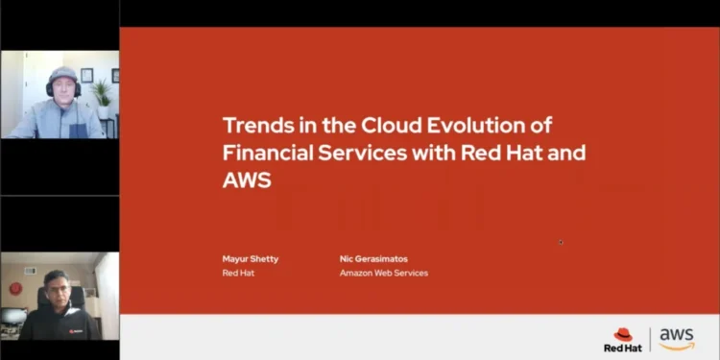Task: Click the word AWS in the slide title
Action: point(248,179)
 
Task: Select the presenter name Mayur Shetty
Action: point(251,258)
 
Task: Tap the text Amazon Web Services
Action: point(384,273)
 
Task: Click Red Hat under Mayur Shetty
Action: point(238,273)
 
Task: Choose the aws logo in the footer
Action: point(677,338)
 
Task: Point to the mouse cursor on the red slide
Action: point(561,242)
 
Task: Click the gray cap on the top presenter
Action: point(62,76)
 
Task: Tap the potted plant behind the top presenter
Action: point(101,94)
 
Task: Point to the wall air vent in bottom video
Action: point(29,271)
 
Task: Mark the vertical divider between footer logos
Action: point(651,338)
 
